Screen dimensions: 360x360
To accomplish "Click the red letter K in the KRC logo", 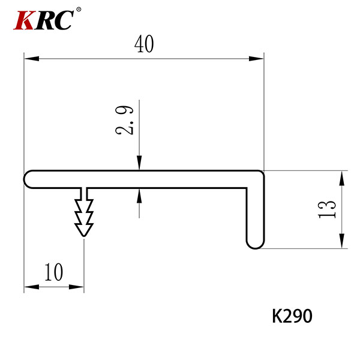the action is [x=23, y=20].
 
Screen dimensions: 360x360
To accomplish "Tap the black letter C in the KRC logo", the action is [x=62, y=20].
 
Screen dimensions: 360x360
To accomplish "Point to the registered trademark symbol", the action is [x=78, y=10].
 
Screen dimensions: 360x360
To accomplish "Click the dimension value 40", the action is [x=144, y=44].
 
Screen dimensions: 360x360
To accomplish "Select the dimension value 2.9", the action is [x=124, y=120].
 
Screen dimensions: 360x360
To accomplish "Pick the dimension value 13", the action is [x=327, y=209].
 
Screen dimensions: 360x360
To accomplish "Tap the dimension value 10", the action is [x=54, y=272].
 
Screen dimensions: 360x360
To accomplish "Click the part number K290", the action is [x=292, y=316].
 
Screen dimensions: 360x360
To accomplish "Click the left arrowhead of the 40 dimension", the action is [x=32, y=59].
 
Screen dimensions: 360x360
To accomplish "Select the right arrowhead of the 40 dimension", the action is [x=256, y=59].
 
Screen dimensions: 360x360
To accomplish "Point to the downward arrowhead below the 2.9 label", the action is [x=139, y=163].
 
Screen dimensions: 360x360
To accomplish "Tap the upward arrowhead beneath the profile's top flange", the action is [x=139, y=196].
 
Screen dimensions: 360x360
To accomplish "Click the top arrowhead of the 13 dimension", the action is [x=342, y=178].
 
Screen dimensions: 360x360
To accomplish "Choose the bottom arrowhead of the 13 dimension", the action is [x=342, y=241].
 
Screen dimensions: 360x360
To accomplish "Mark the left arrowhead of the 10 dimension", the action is [x=32, y=287].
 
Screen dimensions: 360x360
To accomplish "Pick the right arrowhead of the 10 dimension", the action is [x=76, y=287].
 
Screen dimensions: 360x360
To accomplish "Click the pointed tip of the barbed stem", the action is [x=84, y=236].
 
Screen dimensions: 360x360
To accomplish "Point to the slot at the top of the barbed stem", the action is [x=84, y=194].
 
